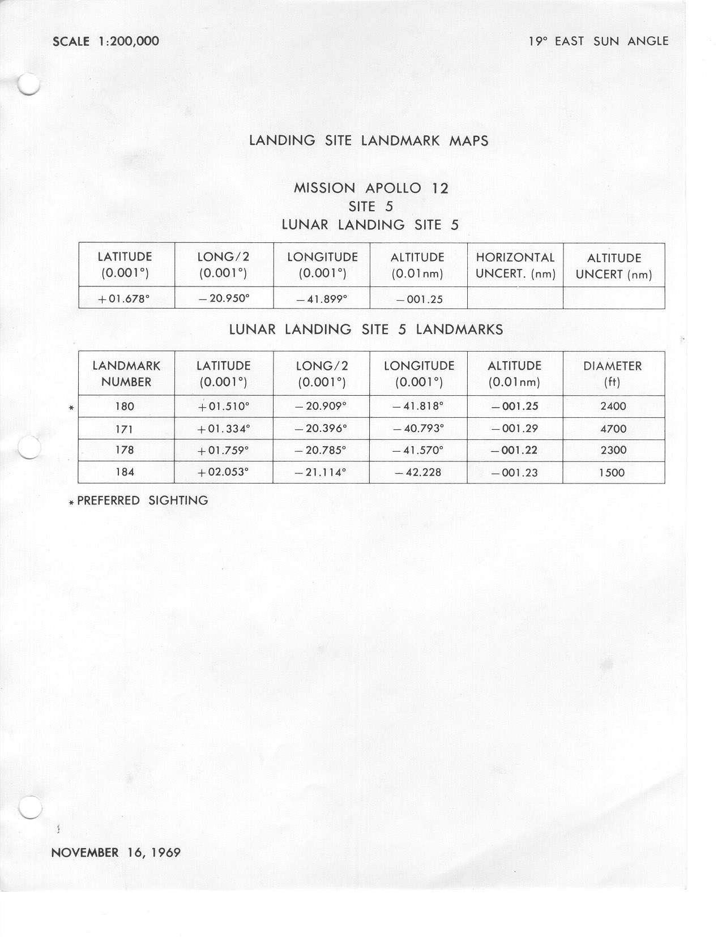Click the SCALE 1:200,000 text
105,41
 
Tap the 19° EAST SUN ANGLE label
598,41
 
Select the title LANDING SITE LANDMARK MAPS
369,140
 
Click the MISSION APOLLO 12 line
371,188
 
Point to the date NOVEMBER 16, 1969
116,853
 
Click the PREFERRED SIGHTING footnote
142,500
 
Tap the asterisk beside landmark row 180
71,408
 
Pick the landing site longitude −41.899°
321,299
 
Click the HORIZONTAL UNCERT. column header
515,266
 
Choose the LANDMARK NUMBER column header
126,374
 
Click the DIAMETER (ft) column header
613,374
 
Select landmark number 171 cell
124,429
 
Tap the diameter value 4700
613,429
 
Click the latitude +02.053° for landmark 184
223,472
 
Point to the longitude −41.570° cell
418,451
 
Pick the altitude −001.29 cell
514,429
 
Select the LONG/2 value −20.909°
321,407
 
